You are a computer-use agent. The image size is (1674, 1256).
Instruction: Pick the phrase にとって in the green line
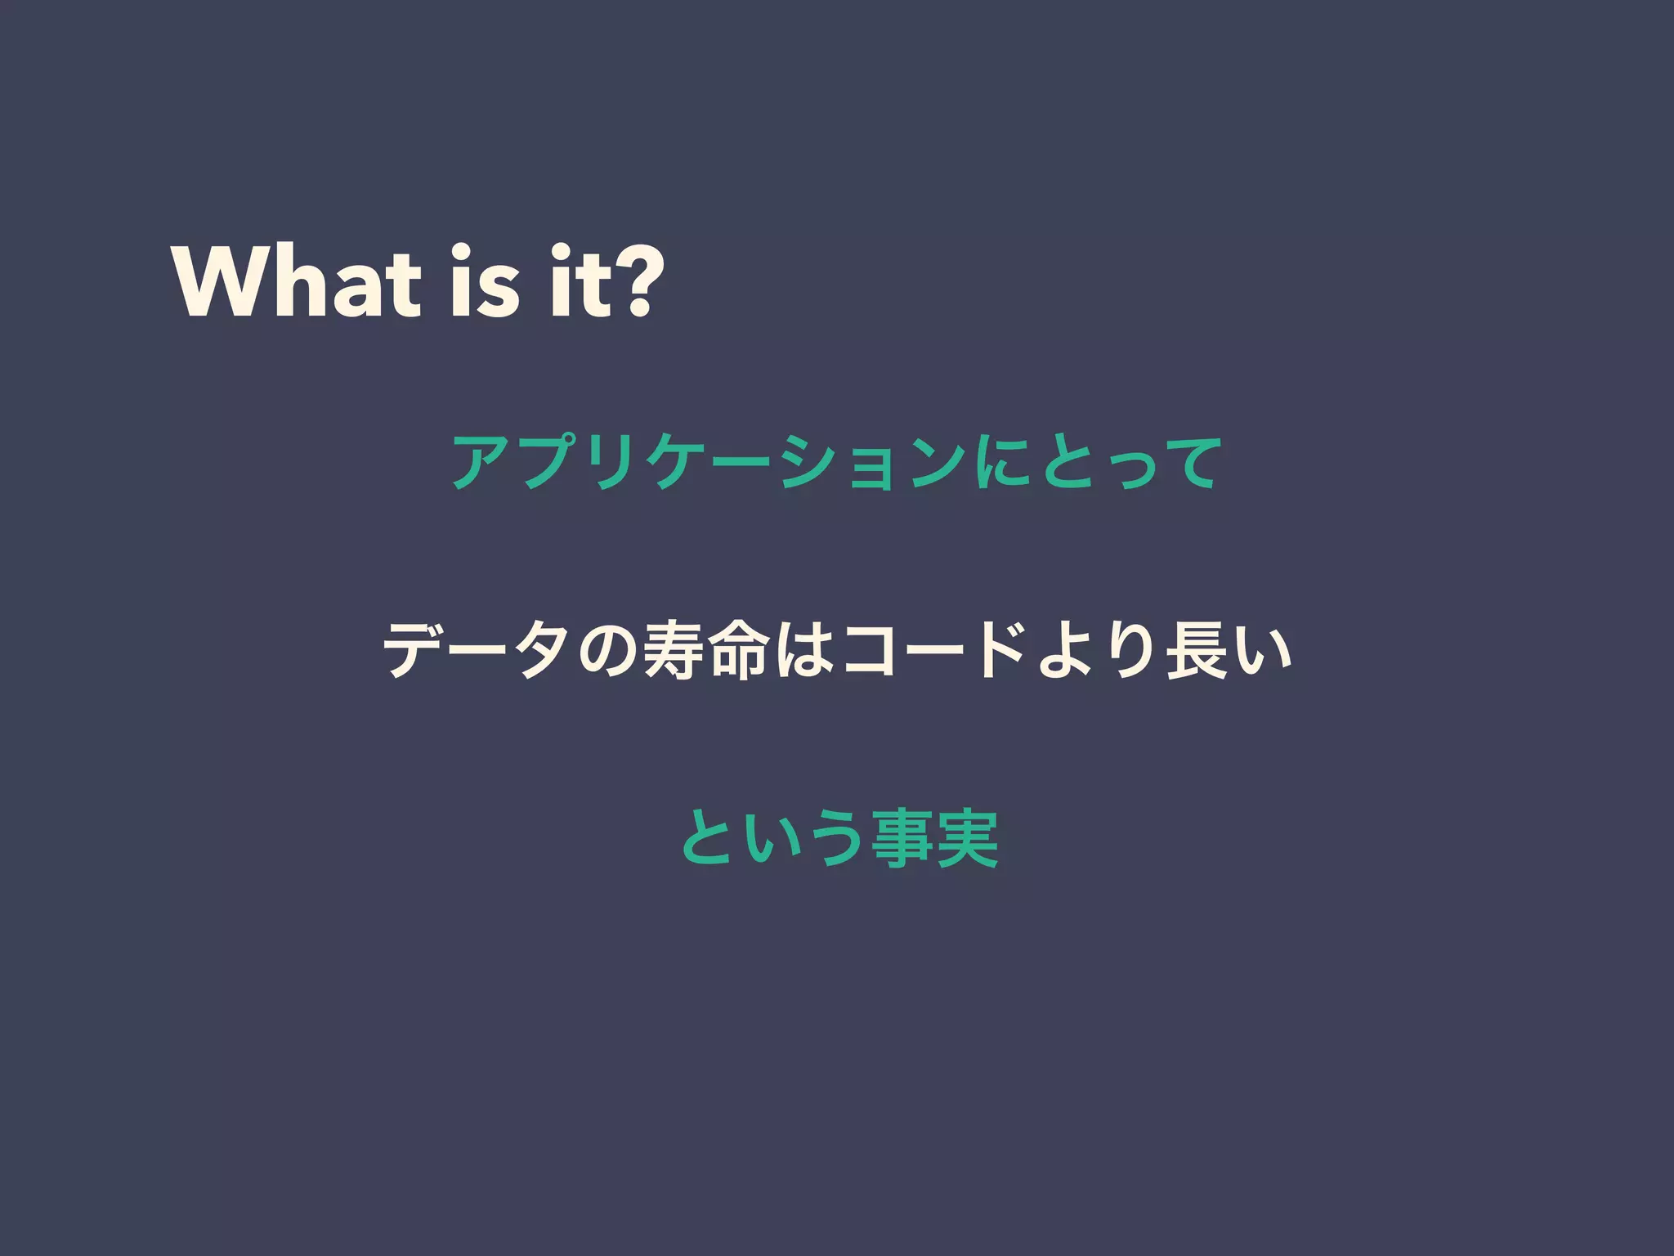tap(1094, 462)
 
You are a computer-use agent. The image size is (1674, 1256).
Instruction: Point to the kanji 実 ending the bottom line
tap(968, 838)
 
